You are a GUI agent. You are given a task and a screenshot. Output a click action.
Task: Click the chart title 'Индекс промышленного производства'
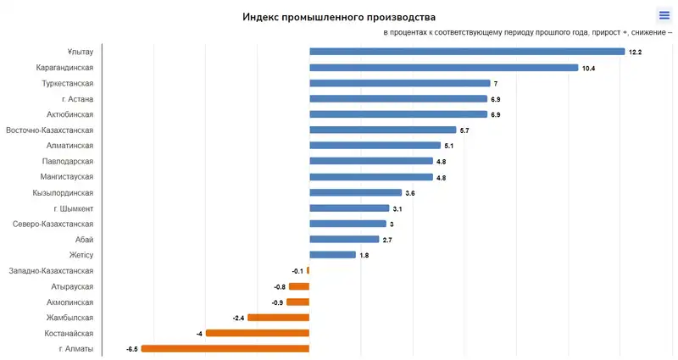click(x=339, y=17)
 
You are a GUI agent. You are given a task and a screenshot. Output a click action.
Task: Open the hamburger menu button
click(x=664, y=15)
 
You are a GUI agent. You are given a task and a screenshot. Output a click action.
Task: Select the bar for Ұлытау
click(x=467, y=52)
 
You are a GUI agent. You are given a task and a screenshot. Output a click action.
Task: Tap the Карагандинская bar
click(x=443, y=68)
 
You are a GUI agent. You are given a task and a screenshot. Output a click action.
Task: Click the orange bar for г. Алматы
click(x=225, y=348)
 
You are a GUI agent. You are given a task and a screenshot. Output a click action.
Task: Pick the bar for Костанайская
click(x=258, y=333)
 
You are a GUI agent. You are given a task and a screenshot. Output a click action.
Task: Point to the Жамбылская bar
click(x=278, y=318)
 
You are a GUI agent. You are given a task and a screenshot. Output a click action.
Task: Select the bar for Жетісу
click(x=332, y=255)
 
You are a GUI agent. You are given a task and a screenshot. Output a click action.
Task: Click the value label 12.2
click(x=635, y=53)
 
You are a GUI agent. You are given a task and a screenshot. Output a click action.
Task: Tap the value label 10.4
click(x=589, y=68)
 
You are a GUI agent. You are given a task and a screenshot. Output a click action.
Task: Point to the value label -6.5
click(x=131, y=349)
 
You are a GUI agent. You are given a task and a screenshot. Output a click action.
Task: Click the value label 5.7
click(x=464, y=130)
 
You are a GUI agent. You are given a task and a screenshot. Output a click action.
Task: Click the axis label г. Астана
click(x=77, y=99)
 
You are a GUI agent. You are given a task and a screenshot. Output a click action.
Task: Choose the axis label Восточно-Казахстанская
click(x=50, y=130)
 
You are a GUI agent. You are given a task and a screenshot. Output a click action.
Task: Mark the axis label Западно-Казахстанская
click(x=51, y=271)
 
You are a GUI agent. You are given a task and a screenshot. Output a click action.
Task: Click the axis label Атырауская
click(x=72, y=286)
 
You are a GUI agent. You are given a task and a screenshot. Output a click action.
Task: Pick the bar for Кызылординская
click(x=355, y=192)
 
